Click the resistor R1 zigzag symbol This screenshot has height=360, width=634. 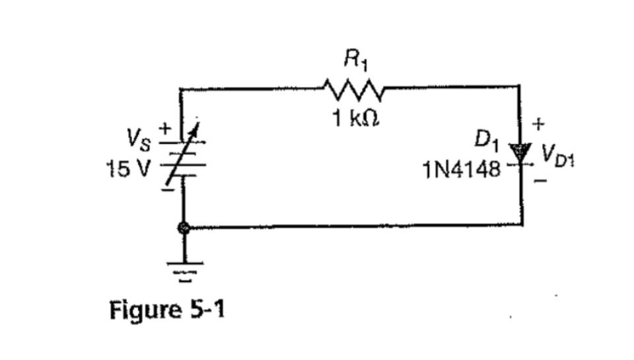(351, 87)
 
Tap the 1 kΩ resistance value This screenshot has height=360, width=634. (355, 120)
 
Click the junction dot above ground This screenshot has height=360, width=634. (184, 228)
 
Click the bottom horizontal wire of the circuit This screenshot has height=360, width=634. (357, 227)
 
